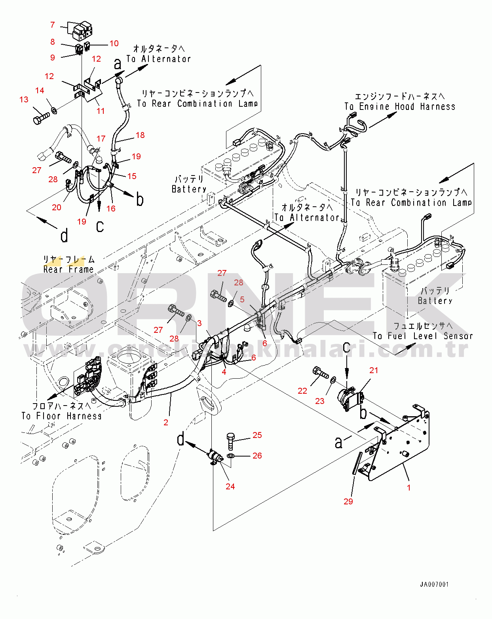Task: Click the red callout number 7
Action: coord(52,25)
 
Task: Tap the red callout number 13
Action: coord(24,100)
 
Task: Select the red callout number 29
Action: coord(348,502)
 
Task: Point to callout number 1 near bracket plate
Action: coord(409,488)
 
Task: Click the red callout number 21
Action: coord(374,370)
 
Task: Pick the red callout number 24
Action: coord(230,487)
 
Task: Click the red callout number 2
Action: coord(166,423)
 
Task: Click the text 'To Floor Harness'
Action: coord(61,416)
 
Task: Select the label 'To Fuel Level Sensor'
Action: coord(423,336)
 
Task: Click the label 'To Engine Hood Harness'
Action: coord(400,107)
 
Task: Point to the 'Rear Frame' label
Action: coord(68,270)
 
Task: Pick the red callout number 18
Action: coord(140,135)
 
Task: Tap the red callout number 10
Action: coord(114,43)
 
